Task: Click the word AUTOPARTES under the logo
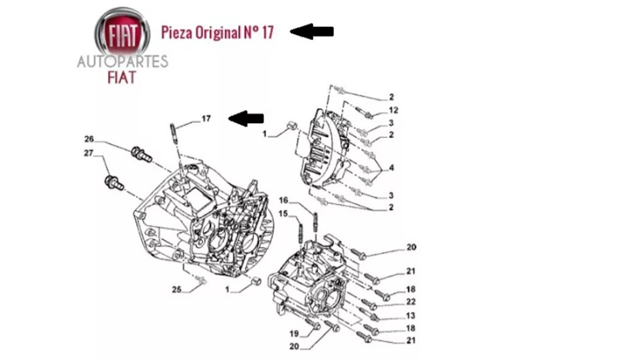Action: (x=122, y=62)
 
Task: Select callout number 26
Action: (x=90, y=139)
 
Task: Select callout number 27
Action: (x=89, y=154)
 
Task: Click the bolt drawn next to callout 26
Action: (x=141, y=154)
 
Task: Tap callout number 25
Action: (x=177, y=289)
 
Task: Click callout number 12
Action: (x=394, y=110)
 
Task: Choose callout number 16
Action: (x=283, y=200)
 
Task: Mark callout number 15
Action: (x=283, y=213)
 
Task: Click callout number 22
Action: (x=411, y=302)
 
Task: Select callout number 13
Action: (x=411, y=316)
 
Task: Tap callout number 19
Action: (x=294, y=333)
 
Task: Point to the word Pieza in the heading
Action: (x=176, y=32)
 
